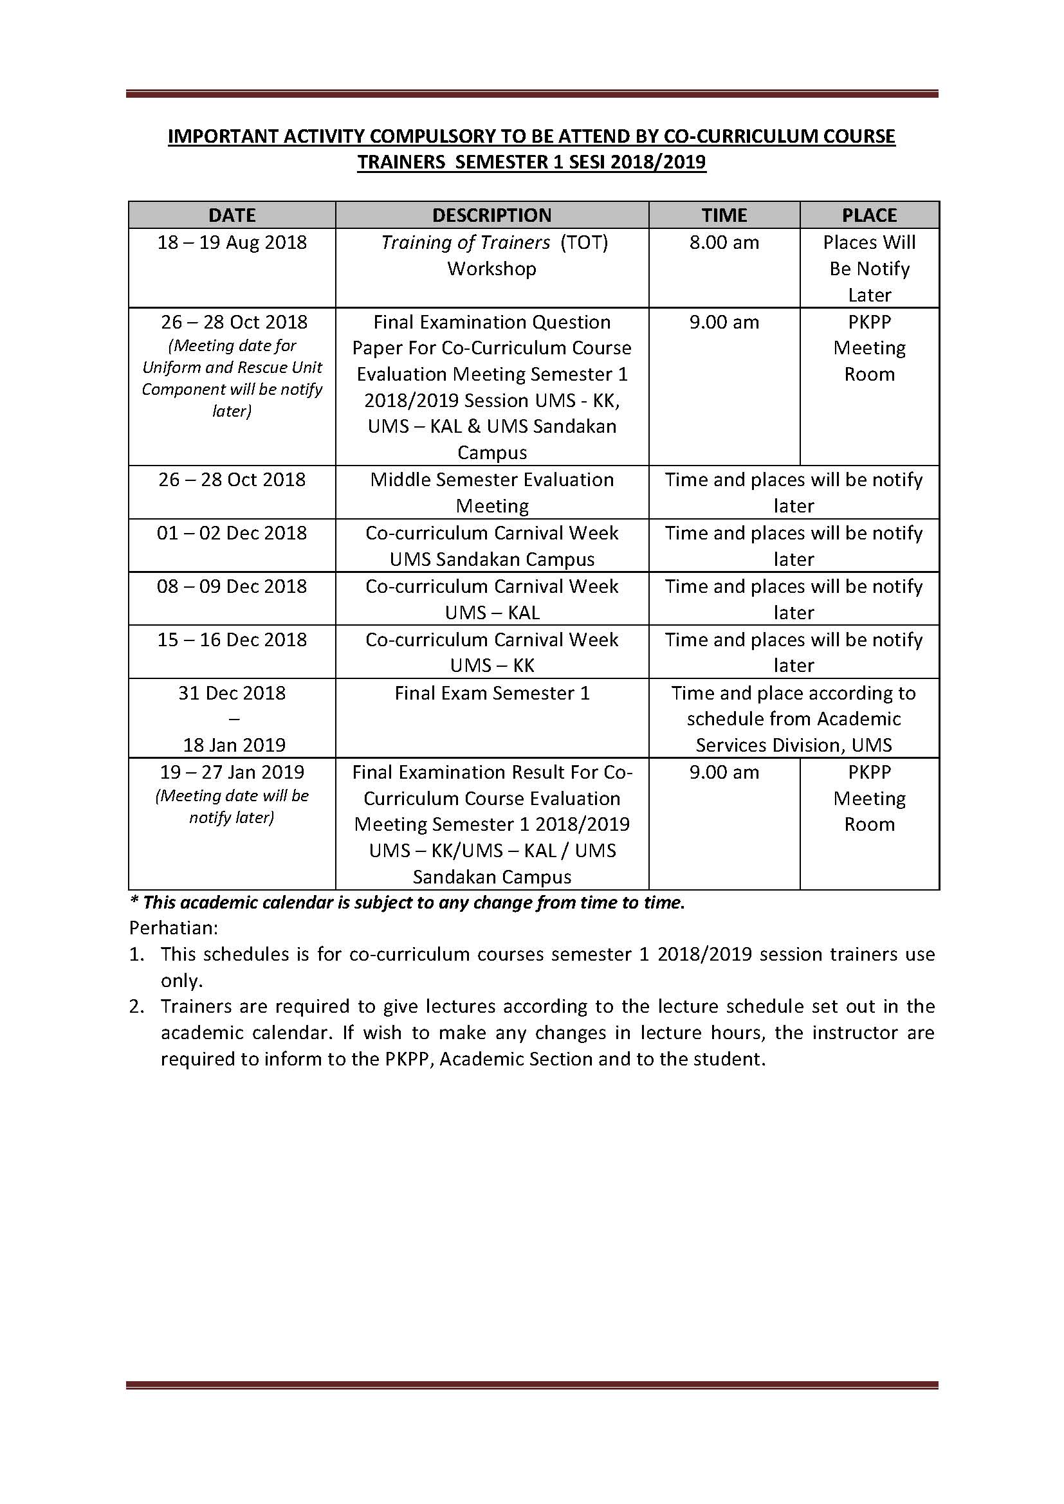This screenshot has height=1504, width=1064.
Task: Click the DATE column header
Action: coord(232,215)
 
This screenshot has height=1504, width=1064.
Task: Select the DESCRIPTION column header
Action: coord(491,215)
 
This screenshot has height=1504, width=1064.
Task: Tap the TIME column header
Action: coord(724,215)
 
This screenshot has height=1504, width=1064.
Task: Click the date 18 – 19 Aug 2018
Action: coord(232,243)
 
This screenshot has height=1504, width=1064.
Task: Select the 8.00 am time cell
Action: coord(724,243)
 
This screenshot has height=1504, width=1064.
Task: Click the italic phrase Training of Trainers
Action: coord(465,243)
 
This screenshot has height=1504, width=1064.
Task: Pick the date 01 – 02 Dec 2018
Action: coord(232,533)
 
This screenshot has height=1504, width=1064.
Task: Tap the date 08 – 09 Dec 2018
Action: coord(232,586)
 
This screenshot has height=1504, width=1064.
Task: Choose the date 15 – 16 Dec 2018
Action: coord(232,640)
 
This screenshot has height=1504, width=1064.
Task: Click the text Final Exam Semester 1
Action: coord(491,693)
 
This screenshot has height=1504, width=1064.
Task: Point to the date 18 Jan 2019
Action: coord(234,745)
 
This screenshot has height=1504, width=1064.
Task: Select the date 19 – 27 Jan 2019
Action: coord(232,772)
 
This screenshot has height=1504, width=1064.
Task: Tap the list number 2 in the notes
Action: coord(136,1007)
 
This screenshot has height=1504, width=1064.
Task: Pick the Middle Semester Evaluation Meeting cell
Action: coord(491,493)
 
